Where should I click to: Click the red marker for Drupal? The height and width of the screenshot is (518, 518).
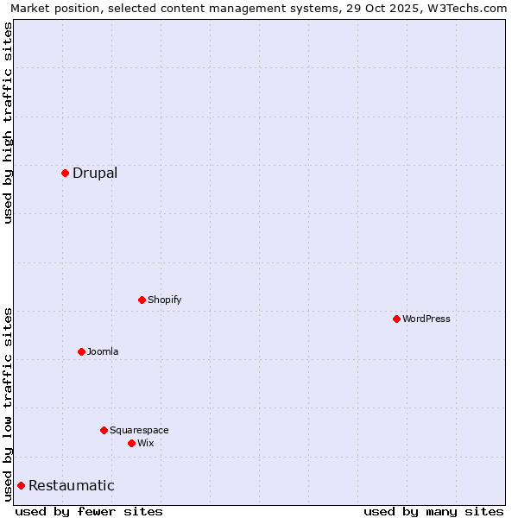tap(65, 173)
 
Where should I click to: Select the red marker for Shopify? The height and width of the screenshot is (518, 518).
tap(142, 300)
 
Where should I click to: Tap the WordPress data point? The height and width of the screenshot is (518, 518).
tap(396, 319)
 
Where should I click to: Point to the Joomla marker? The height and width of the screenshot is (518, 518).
tap(81, 351)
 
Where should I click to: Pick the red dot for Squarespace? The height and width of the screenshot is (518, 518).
tap(104, 430)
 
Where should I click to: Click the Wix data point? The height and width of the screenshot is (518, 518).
tap(131, 443)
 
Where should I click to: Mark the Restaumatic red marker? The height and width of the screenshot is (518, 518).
tap(21, 485)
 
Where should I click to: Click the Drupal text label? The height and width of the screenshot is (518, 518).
tap(95, 173)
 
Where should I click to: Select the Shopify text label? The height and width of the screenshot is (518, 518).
tap(164, 300)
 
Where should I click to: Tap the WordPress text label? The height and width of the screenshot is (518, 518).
tap(426, 319)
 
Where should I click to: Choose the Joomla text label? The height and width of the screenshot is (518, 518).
tap(103, 351)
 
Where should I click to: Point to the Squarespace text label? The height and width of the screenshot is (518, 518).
tap(139, 430)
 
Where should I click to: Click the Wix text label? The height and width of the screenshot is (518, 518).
tap(145, 443)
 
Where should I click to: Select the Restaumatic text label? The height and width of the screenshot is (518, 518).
tap(72, 485)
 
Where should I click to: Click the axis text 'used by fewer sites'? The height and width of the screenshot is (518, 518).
tap(89, 511)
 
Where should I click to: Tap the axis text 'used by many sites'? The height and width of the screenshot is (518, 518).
tap(433, 511)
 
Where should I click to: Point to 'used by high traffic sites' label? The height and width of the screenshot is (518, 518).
tap(8, 123)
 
